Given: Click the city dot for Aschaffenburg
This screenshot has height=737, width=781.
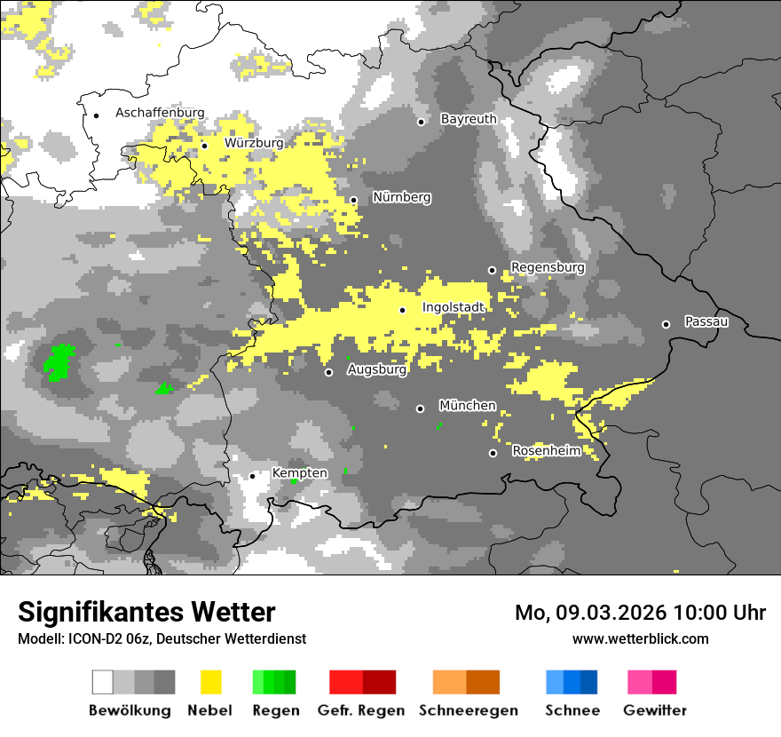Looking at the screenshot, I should tap(96, 115).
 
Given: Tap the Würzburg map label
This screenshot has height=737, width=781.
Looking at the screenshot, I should tap(254, 143).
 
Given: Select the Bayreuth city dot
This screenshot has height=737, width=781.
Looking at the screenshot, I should tap(422, 122).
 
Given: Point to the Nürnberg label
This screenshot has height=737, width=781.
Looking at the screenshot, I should tap(401, 197).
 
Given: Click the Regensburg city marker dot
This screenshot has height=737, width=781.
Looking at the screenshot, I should tap(492, 270).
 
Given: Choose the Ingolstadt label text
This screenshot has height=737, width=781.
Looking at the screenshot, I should tap(453, 308).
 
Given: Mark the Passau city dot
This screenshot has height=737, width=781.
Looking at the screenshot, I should tap(666, 324).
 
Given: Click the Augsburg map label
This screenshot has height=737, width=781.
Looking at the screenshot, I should tap(376, 369).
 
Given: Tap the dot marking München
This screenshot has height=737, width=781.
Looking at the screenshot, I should tap(421, 408).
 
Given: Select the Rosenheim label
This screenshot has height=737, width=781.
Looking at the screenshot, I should tap(547, 451).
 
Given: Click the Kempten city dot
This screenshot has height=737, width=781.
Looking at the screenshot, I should tap(252, 476).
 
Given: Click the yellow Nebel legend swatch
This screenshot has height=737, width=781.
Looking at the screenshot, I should tap(210, 682).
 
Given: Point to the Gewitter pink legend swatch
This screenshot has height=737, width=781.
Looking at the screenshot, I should tap(652, 682).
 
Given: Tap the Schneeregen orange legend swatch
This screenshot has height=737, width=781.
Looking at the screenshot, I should tap(466, 682).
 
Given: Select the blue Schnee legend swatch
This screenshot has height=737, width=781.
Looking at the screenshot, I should tap(572, 682).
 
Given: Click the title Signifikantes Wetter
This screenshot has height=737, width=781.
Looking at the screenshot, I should tap(146, 612).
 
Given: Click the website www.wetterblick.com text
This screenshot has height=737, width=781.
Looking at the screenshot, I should tap(640, 639).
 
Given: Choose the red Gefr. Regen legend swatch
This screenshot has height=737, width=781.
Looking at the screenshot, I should tap(362, 682).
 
